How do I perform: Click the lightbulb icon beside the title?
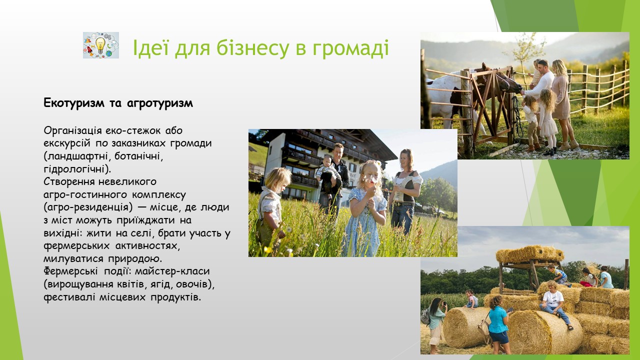101,45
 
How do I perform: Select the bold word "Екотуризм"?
74,103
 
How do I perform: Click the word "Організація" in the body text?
73,131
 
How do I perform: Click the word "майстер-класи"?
172,271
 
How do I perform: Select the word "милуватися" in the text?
73,259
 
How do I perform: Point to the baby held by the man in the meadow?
328,175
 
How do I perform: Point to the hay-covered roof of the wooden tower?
530,254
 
